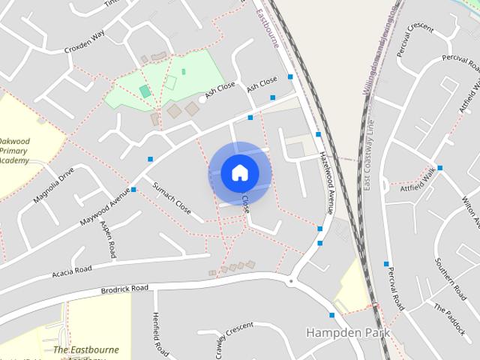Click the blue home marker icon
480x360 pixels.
[x=239, y=173]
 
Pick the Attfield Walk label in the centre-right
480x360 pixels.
[x=418, y=175]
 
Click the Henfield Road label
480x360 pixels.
[x=160, y=334]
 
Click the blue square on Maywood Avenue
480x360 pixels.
[x=133, y=189]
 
